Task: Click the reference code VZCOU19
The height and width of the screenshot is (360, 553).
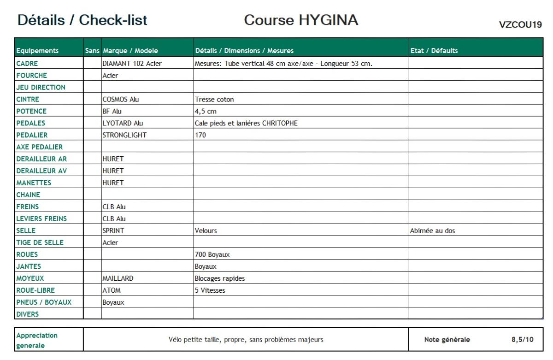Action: pos(520,25)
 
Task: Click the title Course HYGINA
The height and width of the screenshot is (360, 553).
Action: pos(301,20)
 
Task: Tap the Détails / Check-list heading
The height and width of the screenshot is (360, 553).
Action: pos(82,20)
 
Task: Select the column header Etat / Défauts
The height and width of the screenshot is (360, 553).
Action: pos(434,51)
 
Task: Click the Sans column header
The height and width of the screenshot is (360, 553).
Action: pos(92,51)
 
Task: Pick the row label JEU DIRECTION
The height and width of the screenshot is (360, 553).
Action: pos(41,87)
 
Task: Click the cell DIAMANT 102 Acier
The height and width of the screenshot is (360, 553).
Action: pos(132,64)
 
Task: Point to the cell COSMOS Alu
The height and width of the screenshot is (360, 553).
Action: pos(121,99)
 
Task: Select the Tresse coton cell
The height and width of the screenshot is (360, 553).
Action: pos(214,99)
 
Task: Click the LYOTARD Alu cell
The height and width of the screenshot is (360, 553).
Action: pos(123,123)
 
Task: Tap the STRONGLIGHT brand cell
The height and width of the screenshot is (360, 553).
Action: pos(124,135)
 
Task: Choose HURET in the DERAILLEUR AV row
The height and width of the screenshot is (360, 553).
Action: pos(113,171)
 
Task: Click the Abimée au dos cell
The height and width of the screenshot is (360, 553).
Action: pos(432,230)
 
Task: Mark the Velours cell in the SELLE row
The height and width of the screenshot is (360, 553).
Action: pos(206,230)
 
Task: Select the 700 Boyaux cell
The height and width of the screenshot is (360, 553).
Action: pos(212,254)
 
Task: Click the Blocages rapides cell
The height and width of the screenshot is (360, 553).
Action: pos(220,278)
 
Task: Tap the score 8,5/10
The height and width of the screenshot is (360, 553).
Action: pos(522,340)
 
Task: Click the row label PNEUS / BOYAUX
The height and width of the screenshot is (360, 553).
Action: pos(44,302)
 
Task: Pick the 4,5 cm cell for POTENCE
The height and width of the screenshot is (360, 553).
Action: pos(206,111)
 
